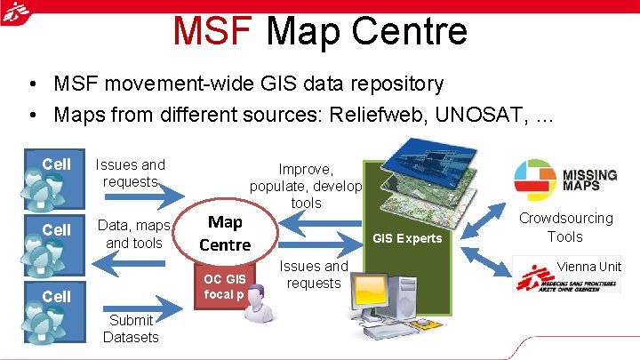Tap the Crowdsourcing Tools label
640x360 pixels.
565,227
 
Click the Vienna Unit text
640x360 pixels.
588,266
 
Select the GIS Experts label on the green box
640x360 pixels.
407,238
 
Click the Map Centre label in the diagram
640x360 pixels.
225,233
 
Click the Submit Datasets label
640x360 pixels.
131,328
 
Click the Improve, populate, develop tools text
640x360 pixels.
306,185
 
